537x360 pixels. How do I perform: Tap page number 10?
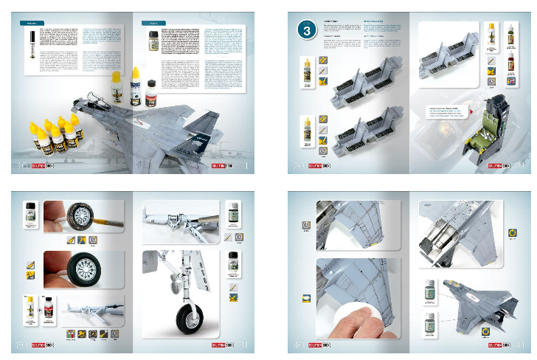(21, 167)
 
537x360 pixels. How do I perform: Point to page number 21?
(516, 167)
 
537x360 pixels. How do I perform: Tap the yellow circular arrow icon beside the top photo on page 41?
(513, 235)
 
